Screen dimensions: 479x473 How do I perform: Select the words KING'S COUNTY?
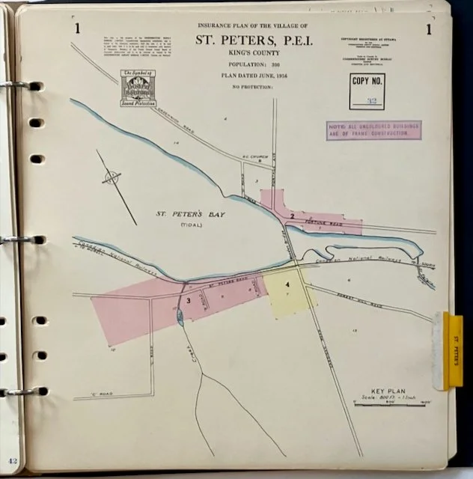[x=251, y=55]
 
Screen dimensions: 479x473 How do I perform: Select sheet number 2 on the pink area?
[x=292, y=216]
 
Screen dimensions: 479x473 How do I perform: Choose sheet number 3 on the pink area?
[x=189, y=301]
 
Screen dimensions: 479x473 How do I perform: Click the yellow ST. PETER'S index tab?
[x=453, y=351]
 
